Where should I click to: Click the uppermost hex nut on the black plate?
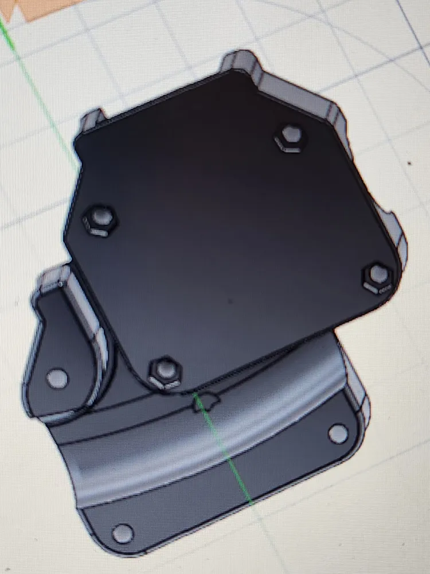[288, 137]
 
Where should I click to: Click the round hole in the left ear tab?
[56, 378]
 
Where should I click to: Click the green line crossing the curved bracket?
[229, 453]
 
